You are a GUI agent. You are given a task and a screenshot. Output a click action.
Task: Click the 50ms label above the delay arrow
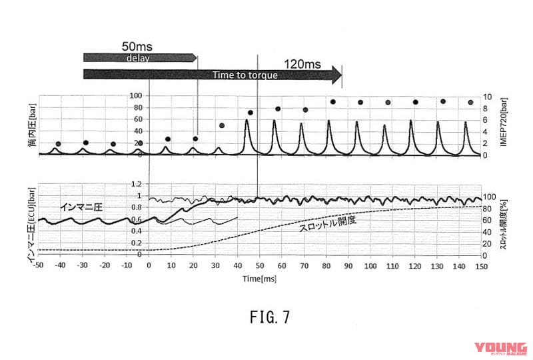137,47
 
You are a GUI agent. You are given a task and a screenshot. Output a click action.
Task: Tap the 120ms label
304,63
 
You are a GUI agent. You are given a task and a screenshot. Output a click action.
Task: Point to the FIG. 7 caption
266,317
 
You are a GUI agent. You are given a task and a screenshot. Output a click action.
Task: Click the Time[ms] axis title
259,277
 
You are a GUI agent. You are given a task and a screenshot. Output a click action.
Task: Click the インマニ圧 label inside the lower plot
81,207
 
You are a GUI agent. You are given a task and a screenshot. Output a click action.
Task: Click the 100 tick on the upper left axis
137,96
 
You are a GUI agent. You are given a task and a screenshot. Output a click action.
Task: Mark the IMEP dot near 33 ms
222,125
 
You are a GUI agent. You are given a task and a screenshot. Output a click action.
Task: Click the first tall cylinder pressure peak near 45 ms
247,121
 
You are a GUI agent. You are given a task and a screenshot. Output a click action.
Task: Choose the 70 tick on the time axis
304,266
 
